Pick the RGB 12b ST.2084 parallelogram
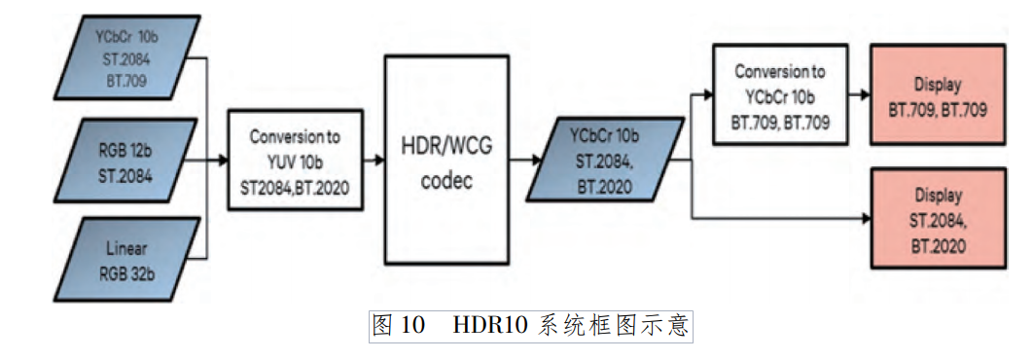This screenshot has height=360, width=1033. [x=127, y=161]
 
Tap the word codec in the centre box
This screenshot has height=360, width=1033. [x=446, y=181]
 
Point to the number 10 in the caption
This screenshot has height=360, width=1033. [x=411, y=326]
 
